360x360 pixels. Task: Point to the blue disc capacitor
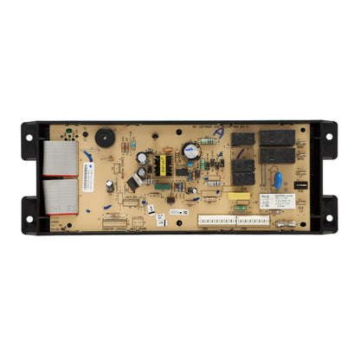(x=278, y=181)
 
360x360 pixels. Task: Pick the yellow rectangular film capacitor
(x=240, y=197)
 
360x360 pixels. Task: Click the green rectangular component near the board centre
(x=164, y=183)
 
